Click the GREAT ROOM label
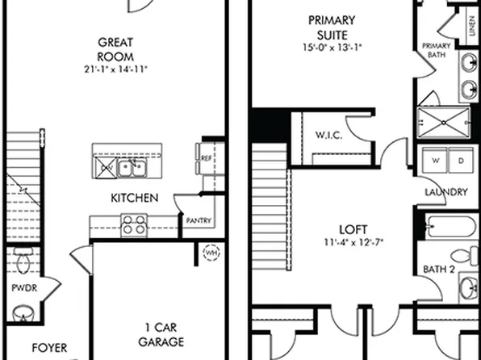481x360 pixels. point(115,48)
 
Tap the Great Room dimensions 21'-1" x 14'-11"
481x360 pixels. point(115,69)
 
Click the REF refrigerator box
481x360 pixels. point(206,159)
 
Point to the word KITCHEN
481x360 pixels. point(135,198)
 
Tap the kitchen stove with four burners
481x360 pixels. point(133,225)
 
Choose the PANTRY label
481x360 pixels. point(199,220)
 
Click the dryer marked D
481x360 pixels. point(462,161)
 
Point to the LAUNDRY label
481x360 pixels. point(445,192)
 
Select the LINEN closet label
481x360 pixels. point(471,27)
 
